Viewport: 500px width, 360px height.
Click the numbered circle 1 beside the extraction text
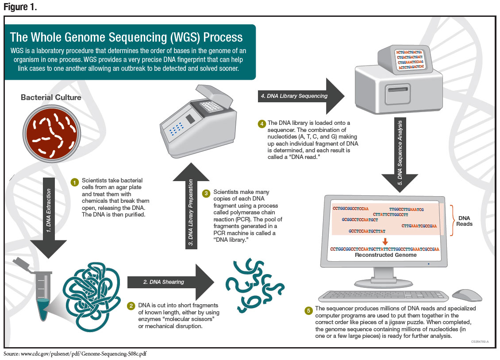click(75, 182)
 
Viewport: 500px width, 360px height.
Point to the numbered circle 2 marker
click(131, 306)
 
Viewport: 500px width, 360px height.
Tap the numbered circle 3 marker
click(206, 194)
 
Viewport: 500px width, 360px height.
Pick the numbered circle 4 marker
click(262, 124)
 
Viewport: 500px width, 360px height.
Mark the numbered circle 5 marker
click(308, 310)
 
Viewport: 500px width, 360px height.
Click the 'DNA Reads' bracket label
click(465, 221)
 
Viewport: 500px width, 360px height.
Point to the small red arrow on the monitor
click(385, 241)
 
